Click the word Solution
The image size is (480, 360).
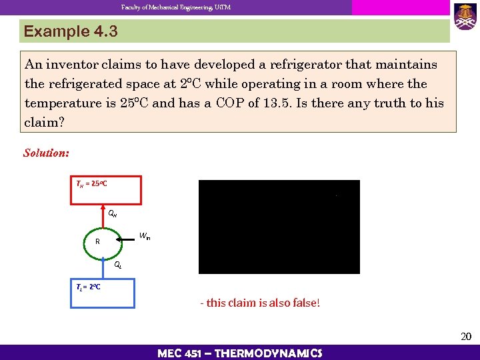coord(46,153)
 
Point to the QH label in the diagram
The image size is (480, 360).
coord(113,214)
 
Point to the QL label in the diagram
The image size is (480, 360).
coord(117,265)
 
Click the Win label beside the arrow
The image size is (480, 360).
coord(145,236)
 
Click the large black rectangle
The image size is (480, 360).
coord(279,227)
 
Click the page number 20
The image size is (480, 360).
coord(466,337)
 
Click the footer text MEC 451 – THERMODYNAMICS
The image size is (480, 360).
coord(240,353)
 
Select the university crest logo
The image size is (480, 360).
coord(465,16)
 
